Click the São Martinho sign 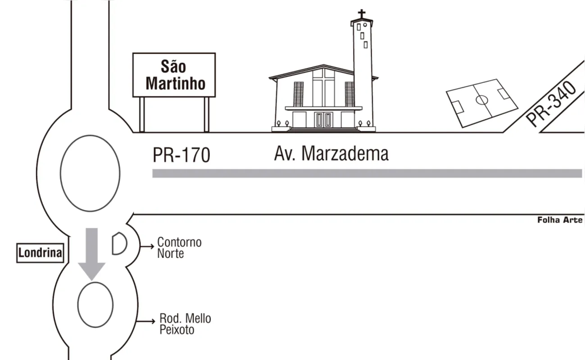click(174, 75)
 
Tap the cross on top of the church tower click(362, 14)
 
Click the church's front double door click(324, 120)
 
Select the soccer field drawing click(482, 103)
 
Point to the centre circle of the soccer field click(482, 100)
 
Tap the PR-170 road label click(181, 155)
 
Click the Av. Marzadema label click(331, 153)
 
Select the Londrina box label click(40, 253)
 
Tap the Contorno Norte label click(179, 248)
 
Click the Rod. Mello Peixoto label click(185, 324)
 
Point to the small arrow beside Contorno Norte click(147, 246)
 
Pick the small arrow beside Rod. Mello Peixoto click(146, 321)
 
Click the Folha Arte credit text click(560, 220)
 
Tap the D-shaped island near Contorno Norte click(119, 243)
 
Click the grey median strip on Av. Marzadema click(367, 174)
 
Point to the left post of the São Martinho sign click(142, 114)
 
